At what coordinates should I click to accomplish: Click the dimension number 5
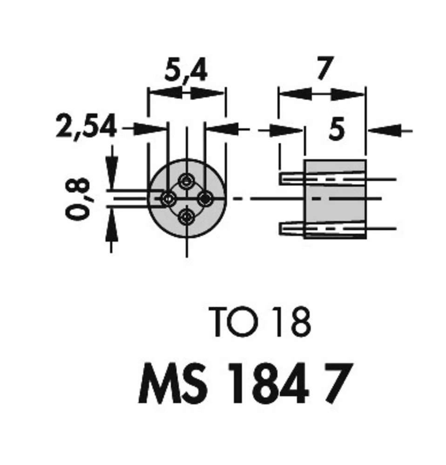pyautogui.click(x=337, y=130)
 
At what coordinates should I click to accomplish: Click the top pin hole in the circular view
pyautogui.click(x=187, y=180)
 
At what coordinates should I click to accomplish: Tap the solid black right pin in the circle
pyautogui.click(x=204, y=199)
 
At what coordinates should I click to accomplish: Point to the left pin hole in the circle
pyautogui.click(x=168, y=199)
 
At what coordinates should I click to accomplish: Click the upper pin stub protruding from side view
pyautogui.click(x=292, y=178)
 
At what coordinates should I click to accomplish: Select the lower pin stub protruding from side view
pyautogui.click(x=292, y=228)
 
